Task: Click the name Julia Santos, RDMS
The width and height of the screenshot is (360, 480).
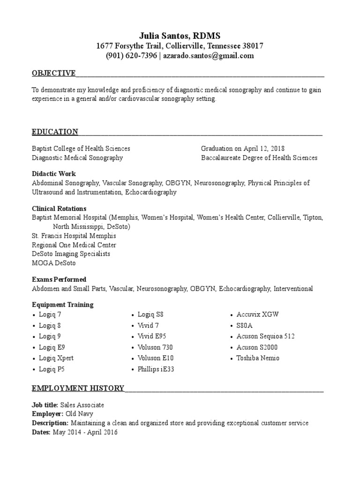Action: tap(180, 36)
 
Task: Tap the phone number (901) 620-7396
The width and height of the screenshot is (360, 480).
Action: tap(131, 56)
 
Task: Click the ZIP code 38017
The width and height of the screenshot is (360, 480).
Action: tap(253, 46)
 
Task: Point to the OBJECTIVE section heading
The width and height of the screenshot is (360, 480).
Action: tap(53, 73)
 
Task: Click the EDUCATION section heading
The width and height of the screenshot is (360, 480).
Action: tap(55, 132)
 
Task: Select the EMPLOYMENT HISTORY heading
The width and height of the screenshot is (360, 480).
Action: tap(78, 388)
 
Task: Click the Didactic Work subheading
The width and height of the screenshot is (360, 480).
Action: tap(54, 174)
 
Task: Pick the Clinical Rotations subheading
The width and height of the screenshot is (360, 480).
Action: tap(59, 209)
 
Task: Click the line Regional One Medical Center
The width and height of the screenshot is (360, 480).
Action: tap(74, 245)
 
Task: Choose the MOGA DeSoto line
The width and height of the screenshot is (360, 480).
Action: tap(54, 263)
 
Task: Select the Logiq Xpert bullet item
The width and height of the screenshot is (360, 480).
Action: tap(56, 358)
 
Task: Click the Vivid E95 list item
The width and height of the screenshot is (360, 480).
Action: tap(152, 336)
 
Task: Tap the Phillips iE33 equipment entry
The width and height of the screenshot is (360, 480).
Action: tap(156, 369)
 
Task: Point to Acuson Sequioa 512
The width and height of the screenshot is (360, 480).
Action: tap(265, 336)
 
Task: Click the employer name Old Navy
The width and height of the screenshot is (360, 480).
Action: tap(79, 414)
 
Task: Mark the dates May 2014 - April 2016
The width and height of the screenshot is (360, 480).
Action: tap(85, 433)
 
